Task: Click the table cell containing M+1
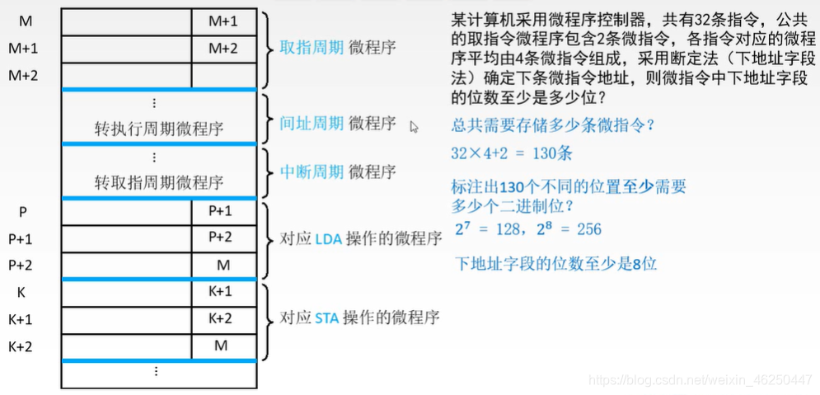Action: (x=223, y=21)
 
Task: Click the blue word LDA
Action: (x=327, y=239)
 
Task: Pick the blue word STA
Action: (x=327, y=317)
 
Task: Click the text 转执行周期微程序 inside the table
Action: (x=159, y=129)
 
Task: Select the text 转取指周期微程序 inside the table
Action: (x=159, y=181)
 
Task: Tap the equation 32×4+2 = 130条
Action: (x=512, y=153)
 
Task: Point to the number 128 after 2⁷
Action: (x=509, y=229)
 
